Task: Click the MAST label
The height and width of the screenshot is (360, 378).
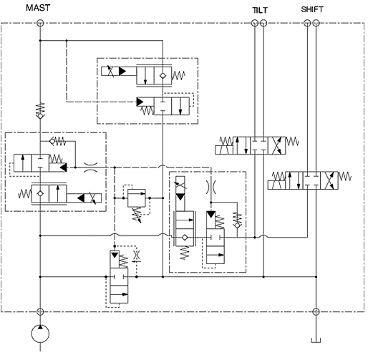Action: pyautogui.click(x=38, y=8)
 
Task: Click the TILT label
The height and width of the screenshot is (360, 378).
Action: pyautogui.click(x=260, y=10)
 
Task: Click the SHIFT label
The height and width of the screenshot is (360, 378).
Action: pyautogui.click(x=312, y=9)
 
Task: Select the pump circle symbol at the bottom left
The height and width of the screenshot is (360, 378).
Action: pyautogui.click(x=40, y=334)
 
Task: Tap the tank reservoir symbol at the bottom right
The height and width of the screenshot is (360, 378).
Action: pyautogui.click(x=316, y=340)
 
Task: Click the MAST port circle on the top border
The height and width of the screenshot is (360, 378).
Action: pyautogui.click(x=40, y=23)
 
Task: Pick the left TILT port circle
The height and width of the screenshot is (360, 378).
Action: pyautogui.click(x=255, y=23)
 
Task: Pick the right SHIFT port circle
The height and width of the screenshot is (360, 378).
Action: pyautogui.click(x=316, y=23)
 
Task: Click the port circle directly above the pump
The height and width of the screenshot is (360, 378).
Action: pyautogui.click(x=40, y=311)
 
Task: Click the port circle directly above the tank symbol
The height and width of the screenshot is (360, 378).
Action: pyautogui.click(x=316, y=311)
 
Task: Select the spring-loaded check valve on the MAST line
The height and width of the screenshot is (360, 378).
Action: pyautogui.click(x=40, y=111)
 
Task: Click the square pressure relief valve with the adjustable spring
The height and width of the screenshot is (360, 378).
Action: pyautogui.click(x=137, y=198)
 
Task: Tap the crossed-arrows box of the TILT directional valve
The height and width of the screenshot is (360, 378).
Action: pyautogui.click(x=277, y=145)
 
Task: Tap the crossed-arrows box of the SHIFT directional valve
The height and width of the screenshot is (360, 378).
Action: pyautogui.click(x=329, y=180)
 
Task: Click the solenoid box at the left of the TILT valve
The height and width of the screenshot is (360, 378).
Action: pyautogui.click(x=224, y=150)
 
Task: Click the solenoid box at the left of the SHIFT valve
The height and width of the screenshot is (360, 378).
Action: pyautogui.click(x=276, y=185)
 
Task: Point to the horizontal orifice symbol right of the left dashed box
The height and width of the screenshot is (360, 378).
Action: pyautogui.click(x=91, y=167)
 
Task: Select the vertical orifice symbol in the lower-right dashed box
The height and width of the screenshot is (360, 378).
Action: pyautogui.click(x=211, y=187)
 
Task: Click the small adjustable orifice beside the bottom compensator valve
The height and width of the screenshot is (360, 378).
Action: pyautogui.click(x=137, y=256)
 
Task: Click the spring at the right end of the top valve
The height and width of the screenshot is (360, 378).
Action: pyautogui.click(x=178, y=75)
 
